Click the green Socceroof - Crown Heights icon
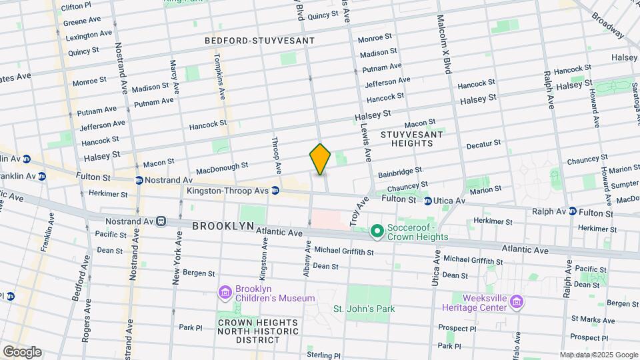(x=377, y=231)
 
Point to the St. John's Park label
(x=364, y=309)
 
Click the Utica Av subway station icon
(x=428, y=200)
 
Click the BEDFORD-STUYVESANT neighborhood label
(x=259, y=41)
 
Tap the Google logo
(x=22, y=352)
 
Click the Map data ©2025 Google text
(x=598, y=355)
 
